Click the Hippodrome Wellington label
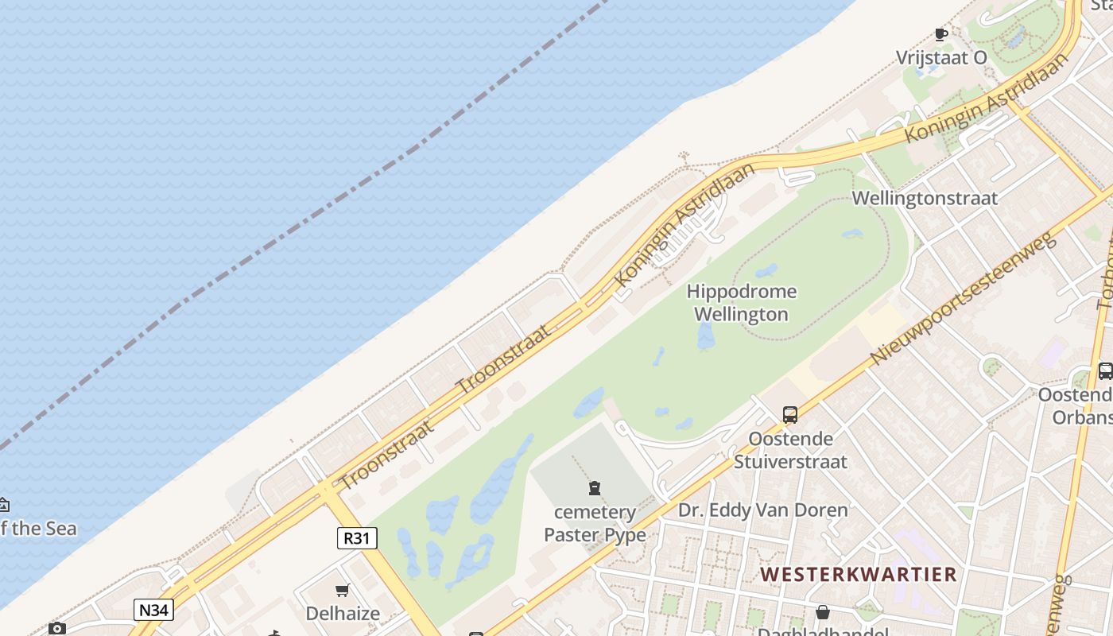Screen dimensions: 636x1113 click(x=741, y=303)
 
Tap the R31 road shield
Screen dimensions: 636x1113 click(x=357, y=538)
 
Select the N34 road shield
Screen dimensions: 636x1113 click(x=153, y=610)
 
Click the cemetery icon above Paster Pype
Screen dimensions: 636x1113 click(x=595, y=488)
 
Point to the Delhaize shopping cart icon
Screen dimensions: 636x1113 click(x=343, y=590)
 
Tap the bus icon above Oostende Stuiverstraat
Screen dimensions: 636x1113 click(x=789, y=414)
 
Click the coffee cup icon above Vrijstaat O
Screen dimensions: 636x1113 click(x=941, y=34)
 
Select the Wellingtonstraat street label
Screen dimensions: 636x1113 click(x=924, y=198)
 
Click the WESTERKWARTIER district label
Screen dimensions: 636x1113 click(x=858, y=574)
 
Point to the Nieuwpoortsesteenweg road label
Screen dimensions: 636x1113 click(x=962, y=298)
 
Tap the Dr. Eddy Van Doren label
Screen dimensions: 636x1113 click(x=762, y=510)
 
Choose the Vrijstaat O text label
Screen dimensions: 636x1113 click(x=941, y=57)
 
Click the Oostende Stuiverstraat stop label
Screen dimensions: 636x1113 click(x=790, y=450)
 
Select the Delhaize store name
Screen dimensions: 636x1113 click(x=343, y=613)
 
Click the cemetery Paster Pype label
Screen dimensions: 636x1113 click(x=595, y=523)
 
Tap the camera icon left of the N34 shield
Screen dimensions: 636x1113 click(x=56, y=628)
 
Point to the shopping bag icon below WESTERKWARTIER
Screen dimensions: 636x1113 click(x=823, y=612)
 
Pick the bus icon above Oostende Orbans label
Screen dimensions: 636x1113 click(x=1104, y=370)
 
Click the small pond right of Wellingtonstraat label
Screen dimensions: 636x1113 click(x=851, y=234)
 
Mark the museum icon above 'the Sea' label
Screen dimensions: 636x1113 click(x=3, y=504)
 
